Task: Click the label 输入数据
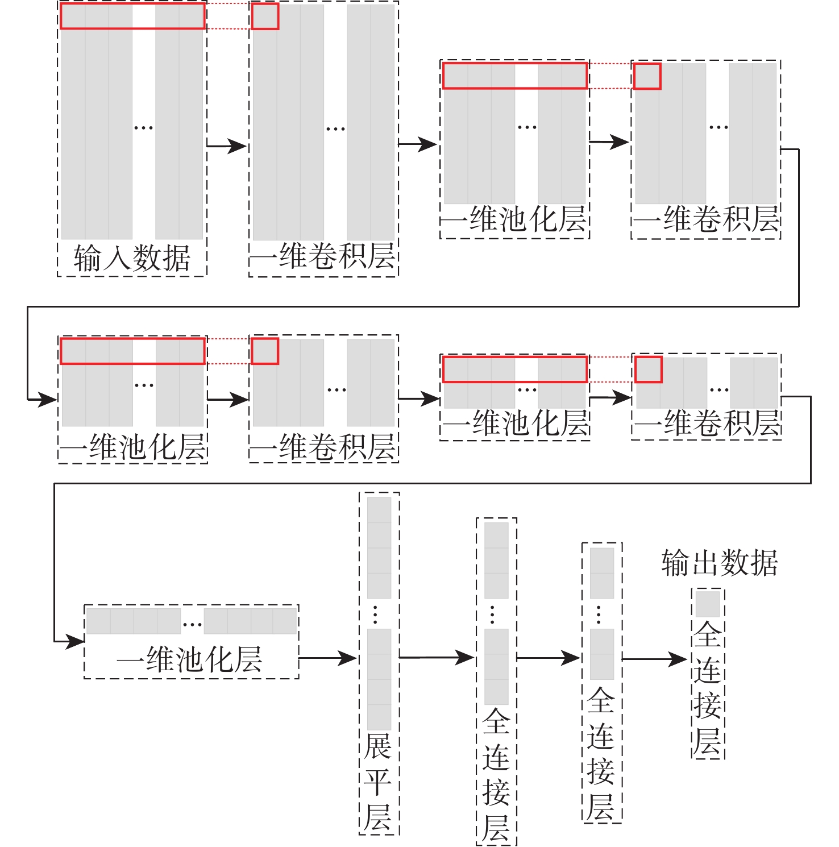click(x=132, y=259)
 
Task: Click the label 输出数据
click(x=720, y=563)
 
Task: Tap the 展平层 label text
click(x=378, y=782)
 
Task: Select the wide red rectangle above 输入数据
click(x=132, y=16)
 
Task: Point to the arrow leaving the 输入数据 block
click(x=226, y=146)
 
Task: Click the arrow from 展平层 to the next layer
click(x=436, y=658)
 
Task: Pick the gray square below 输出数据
click(x=708, y=604)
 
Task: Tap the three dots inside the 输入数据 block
click(x=143, y=128)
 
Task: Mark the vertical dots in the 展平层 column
click(x=375, y=615)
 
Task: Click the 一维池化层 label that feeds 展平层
click(x=190, y=659)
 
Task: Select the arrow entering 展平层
click(x=327, y=658)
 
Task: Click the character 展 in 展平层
click(x=378, y=747)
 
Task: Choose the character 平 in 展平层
click(x=378, y=782)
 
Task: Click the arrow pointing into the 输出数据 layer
click(x=655, y=659)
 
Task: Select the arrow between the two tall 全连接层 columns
click(x=548, y=658)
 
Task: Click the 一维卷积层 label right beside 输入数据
click(x=323, y=256)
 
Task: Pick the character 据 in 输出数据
click(x=764, y=563)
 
